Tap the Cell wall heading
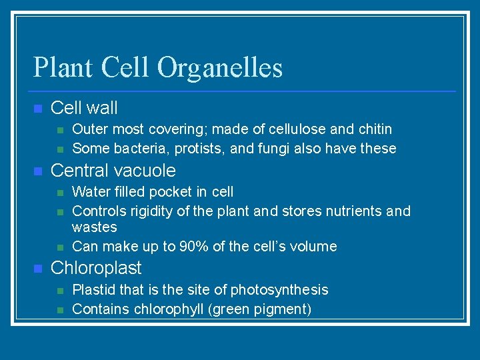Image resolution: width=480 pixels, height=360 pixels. pos(84,108)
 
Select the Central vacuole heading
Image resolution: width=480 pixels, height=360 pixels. pos(113,171)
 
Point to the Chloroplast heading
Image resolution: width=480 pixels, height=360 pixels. pos(96,268)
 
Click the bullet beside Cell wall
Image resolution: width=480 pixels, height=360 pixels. pos(38,109)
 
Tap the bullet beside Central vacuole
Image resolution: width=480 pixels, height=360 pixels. pos(38,171)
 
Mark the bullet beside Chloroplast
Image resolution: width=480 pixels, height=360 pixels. pos(38,269)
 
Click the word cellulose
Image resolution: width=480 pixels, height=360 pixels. pos(294,129)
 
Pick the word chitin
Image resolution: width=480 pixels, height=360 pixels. pos(373,129)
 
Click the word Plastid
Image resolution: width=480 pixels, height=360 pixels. pos(92,289)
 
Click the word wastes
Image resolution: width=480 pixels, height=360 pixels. pos(94,227)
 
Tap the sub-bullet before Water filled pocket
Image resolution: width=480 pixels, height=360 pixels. pos(61,193)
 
